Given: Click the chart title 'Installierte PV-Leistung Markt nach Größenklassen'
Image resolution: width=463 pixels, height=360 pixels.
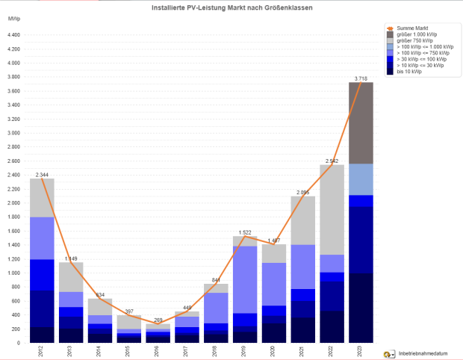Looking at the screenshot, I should click(x=231, y=7).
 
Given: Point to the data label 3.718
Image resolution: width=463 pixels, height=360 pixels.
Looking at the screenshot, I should click(x=361, y=78).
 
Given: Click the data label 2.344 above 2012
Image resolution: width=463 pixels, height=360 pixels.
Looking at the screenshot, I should click(x=42, y=174).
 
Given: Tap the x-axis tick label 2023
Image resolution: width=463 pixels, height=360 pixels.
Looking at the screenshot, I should click(x=361, y=352).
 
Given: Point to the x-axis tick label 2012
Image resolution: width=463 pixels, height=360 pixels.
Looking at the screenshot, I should click(x=42, y=352).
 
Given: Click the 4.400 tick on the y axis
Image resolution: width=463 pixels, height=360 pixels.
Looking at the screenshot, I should click(x=13, y=35).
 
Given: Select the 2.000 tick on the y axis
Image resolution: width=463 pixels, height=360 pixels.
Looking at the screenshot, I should click(x=13, y=203).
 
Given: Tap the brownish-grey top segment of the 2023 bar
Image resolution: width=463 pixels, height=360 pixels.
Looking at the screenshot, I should click(x=361, y=123).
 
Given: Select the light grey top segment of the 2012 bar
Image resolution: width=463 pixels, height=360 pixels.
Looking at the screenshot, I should click(x=42, y=198).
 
